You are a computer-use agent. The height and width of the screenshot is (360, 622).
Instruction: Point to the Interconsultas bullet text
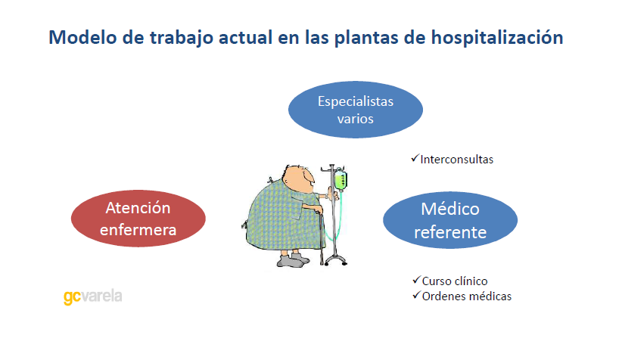click(x=456, y=160)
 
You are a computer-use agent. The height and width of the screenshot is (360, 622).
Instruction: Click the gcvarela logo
click(x=92, y=296)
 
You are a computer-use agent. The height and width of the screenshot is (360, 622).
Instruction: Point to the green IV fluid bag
click(x=341, y=181)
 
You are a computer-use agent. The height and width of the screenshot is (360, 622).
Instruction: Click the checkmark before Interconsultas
click(x=415, y=159)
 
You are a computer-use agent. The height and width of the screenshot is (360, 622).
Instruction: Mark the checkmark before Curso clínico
click(x=415, y=281)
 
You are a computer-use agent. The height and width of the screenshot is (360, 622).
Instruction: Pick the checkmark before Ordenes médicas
click(x=415, y=295)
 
